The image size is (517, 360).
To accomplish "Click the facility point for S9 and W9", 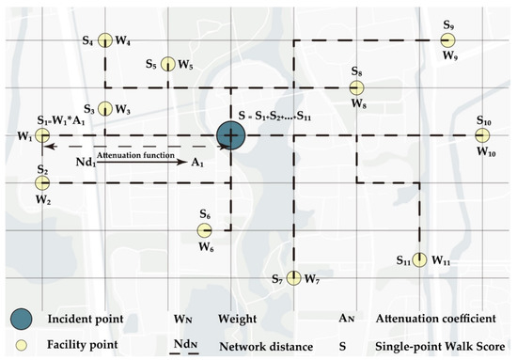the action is (448, 40).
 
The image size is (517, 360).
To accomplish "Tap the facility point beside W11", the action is (420, 259).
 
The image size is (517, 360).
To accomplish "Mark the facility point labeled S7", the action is (293, 277).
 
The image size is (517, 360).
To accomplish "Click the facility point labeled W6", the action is (204, 230).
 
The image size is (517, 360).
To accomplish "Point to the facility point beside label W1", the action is (42, 137).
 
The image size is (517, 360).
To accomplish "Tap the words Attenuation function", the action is (130, 156).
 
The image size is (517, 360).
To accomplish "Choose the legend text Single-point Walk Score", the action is (447, 346).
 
